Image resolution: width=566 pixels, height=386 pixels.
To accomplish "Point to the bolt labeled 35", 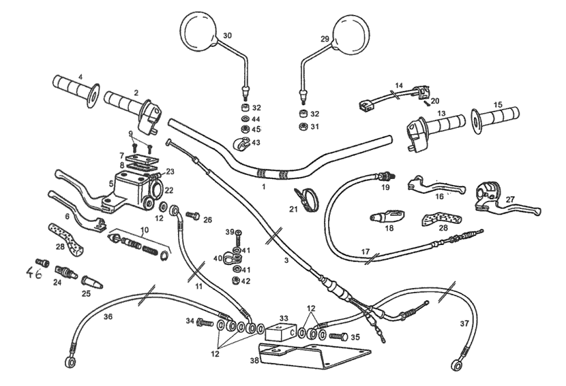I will (338, 336).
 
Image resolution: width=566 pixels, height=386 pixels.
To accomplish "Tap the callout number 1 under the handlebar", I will (263, 185).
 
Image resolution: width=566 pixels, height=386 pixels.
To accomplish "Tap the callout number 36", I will (107, 316).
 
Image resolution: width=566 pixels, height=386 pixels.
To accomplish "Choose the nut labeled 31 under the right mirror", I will (301, 127).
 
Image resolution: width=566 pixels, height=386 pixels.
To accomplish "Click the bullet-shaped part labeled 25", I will (89, 280).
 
